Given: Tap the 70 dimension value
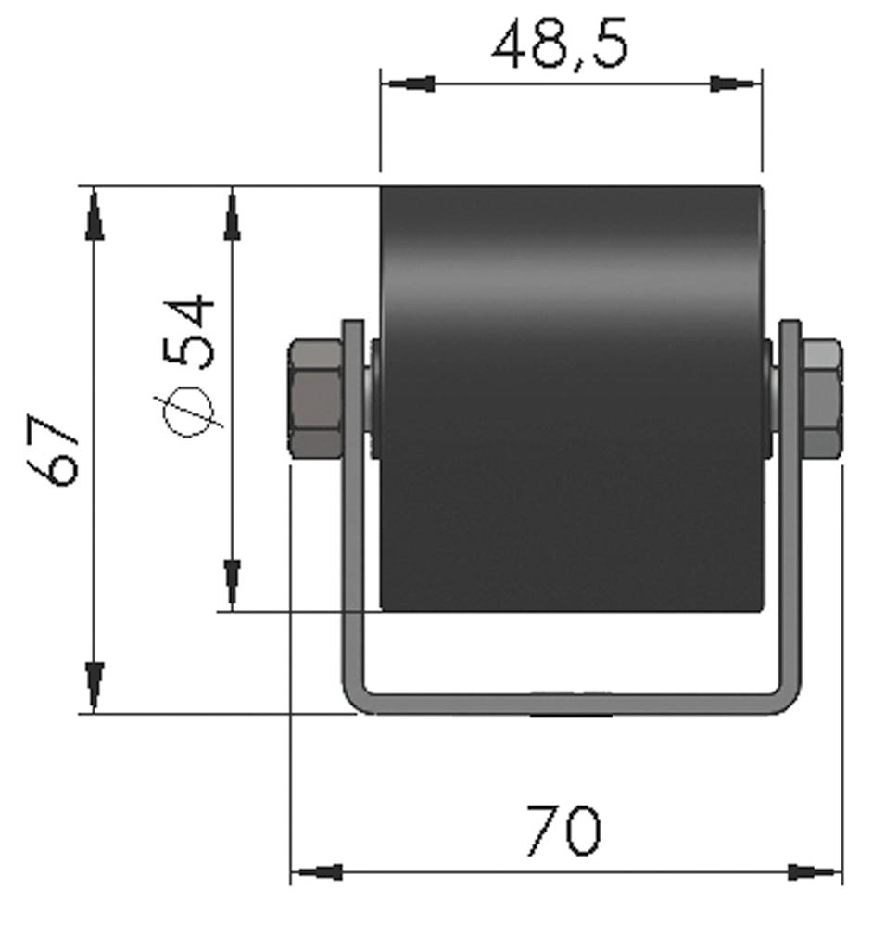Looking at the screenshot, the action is tap(564, 830).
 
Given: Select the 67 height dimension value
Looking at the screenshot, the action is tap(53, 450).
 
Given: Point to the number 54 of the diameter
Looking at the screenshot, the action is tap(189, 332).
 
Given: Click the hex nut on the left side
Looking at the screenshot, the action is tap(315, 399).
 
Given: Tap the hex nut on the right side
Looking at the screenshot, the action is tap(821, 399).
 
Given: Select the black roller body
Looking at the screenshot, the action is tap(571, 399).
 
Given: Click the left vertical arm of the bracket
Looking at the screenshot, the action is tap(353, 502).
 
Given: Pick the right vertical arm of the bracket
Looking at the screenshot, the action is tap(790, 502).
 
